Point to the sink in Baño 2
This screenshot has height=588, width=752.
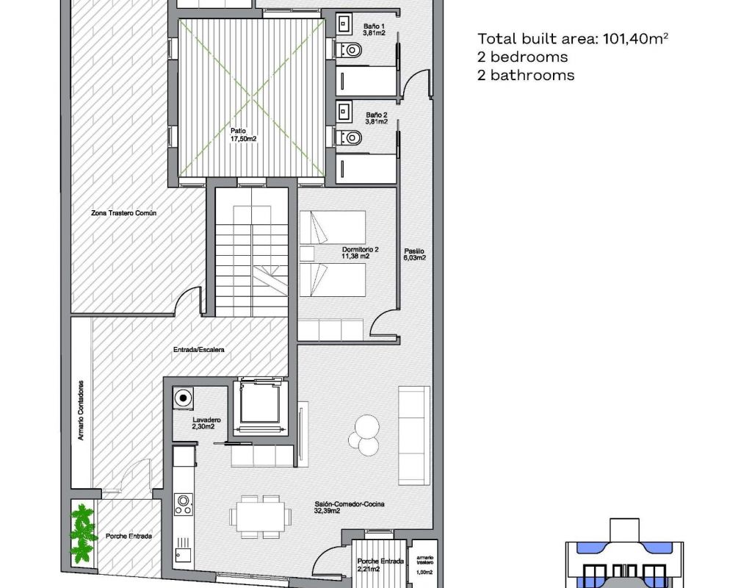tap(344, 112)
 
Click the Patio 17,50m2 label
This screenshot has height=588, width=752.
tap(243, 135)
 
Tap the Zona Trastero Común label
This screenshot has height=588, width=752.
tap(123, 213)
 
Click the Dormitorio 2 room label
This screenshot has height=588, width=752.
tap(360, 253)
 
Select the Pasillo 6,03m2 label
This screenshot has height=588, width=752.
tap(414, 254)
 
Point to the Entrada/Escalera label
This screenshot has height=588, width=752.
tap(198, 350)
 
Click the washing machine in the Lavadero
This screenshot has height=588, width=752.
tap(183, 398)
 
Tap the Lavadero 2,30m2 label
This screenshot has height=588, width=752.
tap(203, 423)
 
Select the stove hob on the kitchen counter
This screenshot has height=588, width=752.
tap(184, 504)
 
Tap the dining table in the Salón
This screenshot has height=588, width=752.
tap(260, 517)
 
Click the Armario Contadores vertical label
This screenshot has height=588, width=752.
tap(81, 410)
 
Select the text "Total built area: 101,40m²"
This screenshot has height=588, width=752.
tap(573, 38)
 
